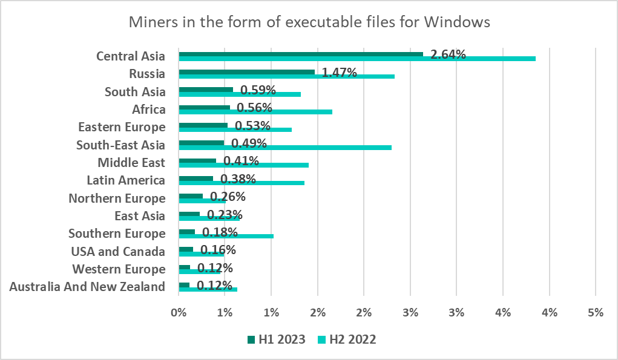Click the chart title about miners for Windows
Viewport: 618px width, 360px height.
(309, 22)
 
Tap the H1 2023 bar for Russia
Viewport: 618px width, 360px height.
(246, 72)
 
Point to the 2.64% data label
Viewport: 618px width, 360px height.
(448, 55)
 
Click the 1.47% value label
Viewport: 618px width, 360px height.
(339, 73)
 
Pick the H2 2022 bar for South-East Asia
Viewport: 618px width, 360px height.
(285, 147)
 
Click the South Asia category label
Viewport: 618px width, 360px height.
(135, 92)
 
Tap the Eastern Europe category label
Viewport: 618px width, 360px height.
(122, 127)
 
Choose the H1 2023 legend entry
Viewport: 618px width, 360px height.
(277, 339)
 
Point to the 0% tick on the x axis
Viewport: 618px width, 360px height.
(179, 313)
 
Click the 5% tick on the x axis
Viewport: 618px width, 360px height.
(596, 313)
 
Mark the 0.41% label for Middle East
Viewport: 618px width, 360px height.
(241, 162)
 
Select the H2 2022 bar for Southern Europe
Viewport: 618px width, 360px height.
(226, 236)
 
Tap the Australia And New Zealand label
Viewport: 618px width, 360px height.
(87, 287)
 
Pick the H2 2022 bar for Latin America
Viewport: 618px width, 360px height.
(242, 183)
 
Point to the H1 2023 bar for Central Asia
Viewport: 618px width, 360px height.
(301, 54)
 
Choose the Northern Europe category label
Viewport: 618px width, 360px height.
(117, 198)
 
